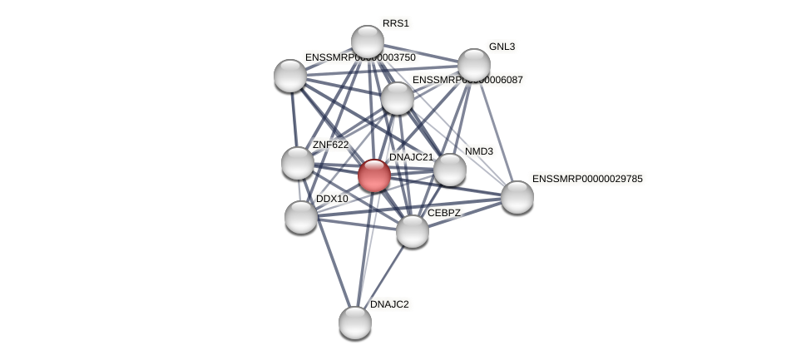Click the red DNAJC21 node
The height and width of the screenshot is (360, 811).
tap(374, 175)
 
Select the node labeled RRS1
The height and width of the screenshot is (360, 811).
tap(367, 42)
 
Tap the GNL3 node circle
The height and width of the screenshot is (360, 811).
tap(473, 64)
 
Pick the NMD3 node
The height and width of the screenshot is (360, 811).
tap(450, 170)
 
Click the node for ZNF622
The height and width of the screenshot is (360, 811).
tap(297, 163)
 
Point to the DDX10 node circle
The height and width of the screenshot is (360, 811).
tap(301, 217)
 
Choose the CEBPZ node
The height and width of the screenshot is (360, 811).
tap(412, 231)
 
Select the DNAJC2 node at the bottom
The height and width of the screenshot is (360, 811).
tap(355, 323)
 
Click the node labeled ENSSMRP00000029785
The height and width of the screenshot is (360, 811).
tap(517, 197)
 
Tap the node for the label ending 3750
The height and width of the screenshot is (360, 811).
tap(290, 76)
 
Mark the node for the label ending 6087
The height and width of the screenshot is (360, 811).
tap(398, 98)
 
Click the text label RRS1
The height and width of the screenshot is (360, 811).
tap(396, 23)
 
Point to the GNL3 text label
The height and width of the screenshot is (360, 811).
tap(502, 47)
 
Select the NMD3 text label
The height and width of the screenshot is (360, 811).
tap(479, 151)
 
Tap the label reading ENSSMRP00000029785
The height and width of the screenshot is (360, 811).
tap(587, 179)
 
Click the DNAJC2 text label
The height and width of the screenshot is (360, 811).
tap(389, 304)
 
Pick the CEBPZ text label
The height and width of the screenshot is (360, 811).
tap(443, 213)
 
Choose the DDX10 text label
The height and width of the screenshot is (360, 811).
tap(332, 199)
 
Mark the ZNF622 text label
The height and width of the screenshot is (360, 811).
tap(330, 145)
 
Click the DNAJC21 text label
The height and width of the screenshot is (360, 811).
tap(411, 157)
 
